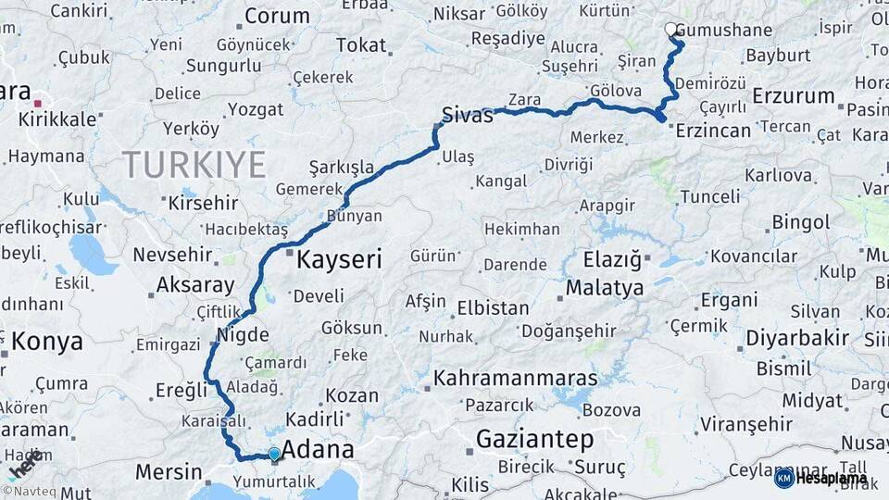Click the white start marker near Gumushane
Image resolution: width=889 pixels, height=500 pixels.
point(670,30)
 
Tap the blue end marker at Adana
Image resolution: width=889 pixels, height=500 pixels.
point(274,454)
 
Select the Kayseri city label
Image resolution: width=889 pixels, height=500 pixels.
point(339,260)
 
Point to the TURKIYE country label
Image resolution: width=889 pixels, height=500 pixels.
point(194,165)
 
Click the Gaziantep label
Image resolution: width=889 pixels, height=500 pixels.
point(535,439)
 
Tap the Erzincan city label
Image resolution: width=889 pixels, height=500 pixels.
point(713,131)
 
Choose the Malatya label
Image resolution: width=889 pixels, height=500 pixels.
point(605,288)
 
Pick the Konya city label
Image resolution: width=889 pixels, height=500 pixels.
point(47,342)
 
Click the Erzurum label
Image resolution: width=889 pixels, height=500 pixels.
point(794,95)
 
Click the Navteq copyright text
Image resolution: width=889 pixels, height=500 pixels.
point(33,492)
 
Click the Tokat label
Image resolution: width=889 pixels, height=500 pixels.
point(361,45)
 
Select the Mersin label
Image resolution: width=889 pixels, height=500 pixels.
point(169,472)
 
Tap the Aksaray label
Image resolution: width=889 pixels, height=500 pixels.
point(195,285)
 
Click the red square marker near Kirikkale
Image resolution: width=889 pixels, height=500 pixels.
point(38,104)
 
